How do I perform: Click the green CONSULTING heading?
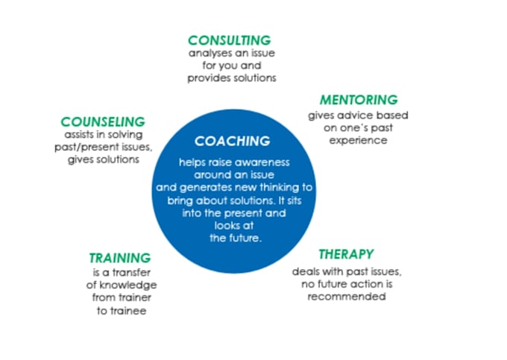coord(229,40)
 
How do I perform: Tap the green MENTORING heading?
coord(359,100)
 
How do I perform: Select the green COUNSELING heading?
coord(103,121)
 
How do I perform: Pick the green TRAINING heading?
coord(119,259)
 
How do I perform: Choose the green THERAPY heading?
coord(346,254)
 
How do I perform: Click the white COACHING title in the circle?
coord(232,140)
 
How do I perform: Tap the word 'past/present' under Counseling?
coord(90,148)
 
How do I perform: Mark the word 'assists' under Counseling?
coord(79,135)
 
